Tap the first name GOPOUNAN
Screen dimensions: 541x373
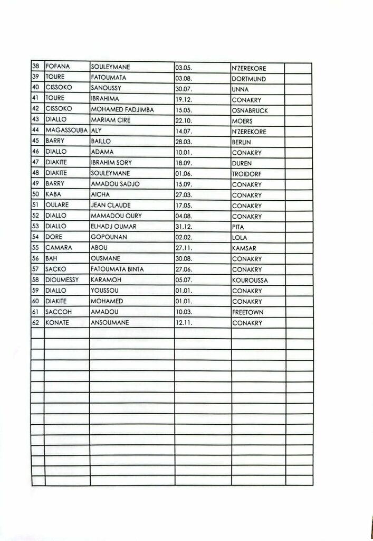[x=109, y=238]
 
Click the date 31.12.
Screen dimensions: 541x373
[x=184, y=227]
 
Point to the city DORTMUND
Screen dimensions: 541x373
[x=248, y=79]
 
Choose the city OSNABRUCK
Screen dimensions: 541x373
[x=250, y=111]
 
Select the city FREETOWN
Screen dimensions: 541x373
[x=247, y=312]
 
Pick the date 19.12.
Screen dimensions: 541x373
[x=184, y=100]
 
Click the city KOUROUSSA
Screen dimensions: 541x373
[x=250, y=281]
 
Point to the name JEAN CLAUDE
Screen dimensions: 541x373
[x=111, y=206]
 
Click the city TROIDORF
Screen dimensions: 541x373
[x=247, y=174]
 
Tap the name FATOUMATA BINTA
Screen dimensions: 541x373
[x=117, y=269]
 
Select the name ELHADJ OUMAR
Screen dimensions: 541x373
[x=114, y=227]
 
